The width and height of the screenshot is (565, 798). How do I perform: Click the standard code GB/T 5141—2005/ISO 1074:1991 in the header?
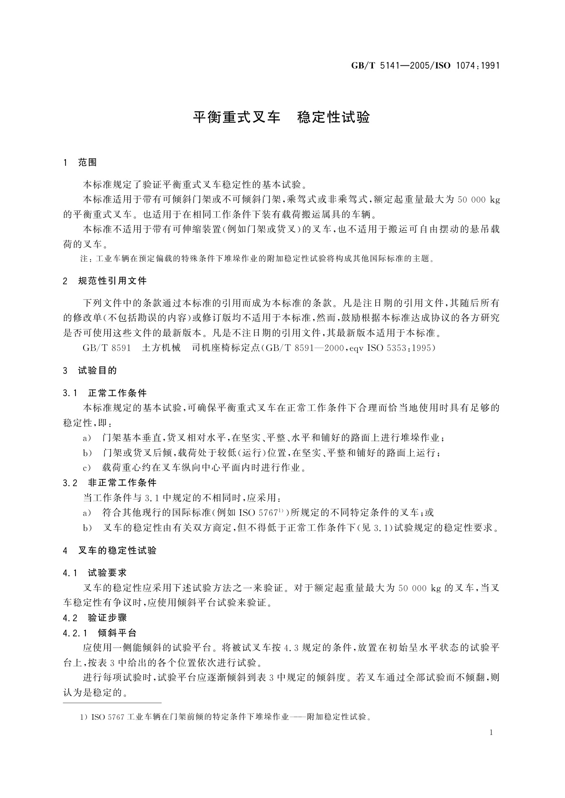point(425,66)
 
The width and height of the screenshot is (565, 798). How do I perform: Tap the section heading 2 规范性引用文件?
point(105,281)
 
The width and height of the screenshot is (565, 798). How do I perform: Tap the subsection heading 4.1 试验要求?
point(95,573)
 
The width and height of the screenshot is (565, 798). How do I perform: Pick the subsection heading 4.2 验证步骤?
point(95,618)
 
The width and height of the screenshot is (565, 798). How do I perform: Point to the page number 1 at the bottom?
point(491,733)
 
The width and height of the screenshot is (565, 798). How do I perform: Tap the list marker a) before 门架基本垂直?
point(87,438)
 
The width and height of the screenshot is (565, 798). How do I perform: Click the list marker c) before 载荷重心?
point(87,468)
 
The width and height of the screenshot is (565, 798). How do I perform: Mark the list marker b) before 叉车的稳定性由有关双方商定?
point(87,528)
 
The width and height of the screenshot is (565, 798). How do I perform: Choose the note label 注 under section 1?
point(84,259)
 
